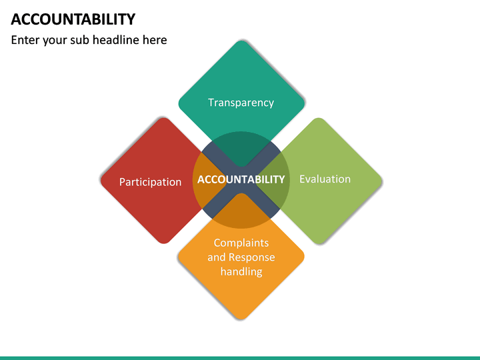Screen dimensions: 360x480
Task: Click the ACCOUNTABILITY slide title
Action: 73,19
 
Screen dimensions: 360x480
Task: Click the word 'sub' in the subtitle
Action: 79,40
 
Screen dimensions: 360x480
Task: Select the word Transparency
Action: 241,103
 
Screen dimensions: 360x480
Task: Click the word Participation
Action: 150,182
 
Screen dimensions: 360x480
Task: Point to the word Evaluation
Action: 325,179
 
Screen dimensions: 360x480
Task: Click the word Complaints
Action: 241,243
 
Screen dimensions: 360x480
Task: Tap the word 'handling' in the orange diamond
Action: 241,271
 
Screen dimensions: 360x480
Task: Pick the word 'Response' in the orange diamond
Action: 251,257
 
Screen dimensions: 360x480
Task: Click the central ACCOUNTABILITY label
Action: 241,179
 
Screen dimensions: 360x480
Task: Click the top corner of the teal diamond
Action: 241,42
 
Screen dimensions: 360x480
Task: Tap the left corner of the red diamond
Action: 102,180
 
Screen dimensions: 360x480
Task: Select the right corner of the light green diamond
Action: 381,180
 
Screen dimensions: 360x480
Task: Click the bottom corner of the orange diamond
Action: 241,319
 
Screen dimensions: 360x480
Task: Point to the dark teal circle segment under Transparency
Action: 241,147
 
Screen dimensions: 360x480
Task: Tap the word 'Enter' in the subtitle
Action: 25,40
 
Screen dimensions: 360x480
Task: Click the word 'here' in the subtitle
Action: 154,40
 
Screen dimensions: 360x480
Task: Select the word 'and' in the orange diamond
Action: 217,257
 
